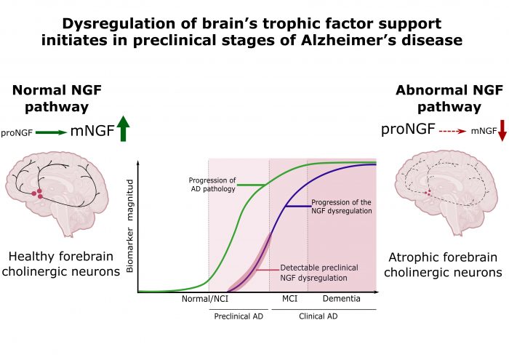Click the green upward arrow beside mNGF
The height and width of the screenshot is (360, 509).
[122, 130]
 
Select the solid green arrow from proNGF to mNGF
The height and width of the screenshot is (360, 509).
[49, 132]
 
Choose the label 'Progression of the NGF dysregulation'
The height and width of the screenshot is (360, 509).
[341, 206]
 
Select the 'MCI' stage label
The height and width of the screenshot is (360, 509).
[289, 299]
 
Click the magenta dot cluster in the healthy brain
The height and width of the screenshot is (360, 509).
[37, 193]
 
